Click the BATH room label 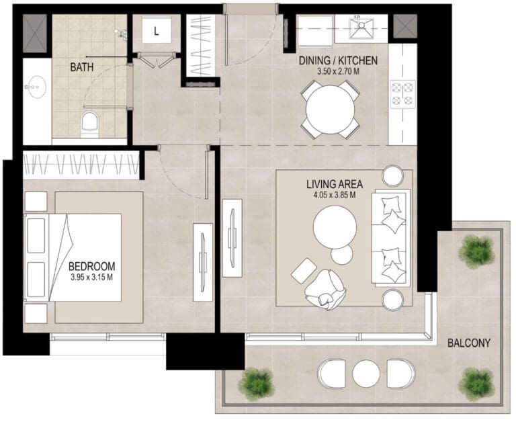82,67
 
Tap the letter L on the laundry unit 157,32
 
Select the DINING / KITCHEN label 338,60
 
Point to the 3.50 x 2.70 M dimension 338,71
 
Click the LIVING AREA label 335,184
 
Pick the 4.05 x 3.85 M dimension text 335,195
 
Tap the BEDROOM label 92,266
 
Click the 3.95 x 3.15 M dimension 92,277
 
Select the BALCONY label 469,343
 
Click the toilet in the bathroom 89,124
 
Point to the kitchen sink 361,28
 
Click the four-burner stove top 402,94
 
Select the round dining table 330,110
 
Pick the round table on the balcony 366,374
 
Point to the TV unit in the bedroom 203,262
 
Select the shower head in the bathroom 122,34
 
